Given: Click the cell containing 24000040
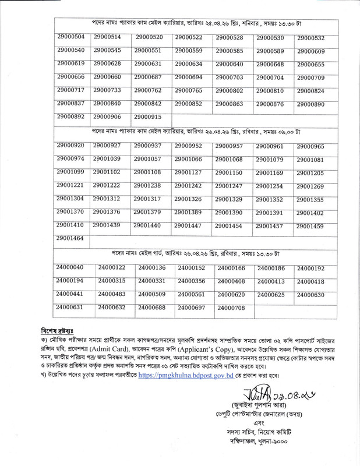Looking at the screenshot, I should [70, 267].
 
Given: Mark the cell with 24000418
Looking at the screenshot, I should [314, 281].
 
